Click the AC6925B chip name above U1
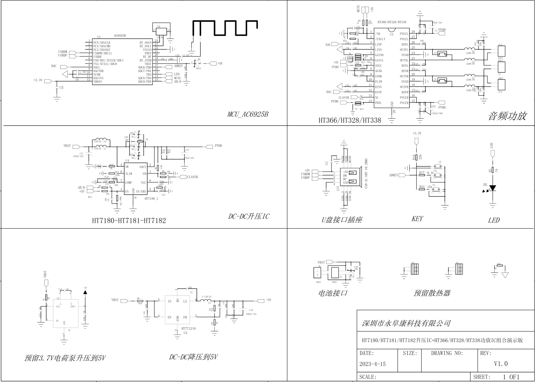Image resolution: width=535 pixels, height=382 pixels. click(120, 35)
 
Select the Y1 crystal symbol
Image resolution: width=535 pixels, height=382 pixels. click(162, 30)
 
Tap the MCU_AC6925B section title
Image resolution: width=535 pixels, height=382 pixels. click(247, 114)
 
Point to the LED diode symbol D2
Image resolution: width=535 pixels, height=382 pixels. click(492, 188)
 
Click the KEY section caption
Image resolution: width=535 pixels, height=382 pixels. click(417, 219)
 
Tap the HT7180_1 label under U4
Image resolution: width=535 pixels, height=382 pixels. click(151, 198)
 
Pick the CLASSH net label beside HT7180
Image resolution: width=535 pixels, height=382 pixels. click(192, 177)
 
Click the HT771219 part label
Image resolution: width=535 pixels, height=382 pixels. click(188, 328)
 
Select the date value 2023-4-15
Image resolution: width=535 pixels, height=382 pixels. click(372, 364)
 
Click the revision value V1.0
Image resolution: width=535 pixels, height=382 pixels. click(501, 364)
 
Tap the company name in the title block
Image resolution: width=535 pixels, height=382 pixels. click(406, 324)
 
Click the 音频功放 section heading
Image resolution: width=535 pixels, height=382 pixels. click(507, 116)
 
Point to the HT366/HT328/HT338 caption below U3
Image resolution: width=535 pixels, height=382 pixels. click(349, 120)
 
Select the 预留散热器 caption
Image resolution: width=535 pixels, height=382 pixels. click(432, 293)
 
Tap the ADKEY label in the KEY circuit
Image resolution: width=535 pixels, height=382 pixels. click(393, 175)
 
